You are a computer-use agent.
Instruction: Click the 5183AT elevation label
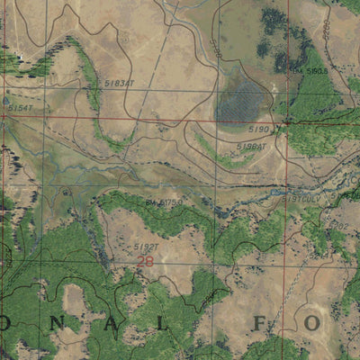coord(119,83)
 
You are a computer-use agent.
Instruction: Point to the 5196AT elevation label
coord(252,146)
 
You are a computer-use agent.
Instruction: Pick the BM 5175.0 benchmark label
coord(163,203)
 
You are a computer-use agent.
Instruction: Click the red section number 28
coord(145,261)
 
